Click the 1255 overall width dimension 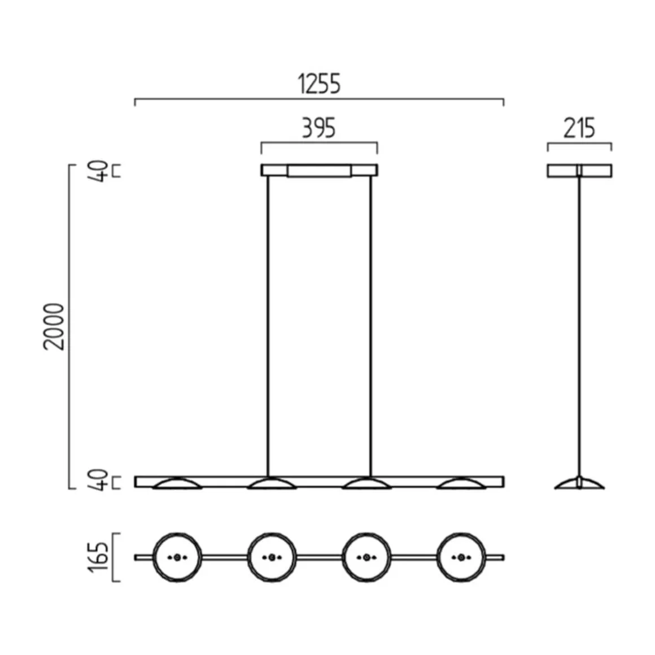point(319,84)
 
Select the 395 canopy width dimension point(318,128)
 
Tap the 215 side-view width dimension point(579,128)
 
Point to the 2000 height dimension point(55,326)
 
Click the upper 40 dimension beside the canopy point(99,171)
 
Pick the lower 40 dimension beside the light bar point(99,481)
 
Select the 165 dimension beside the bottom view point(98,557)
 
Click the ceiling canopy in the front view point(319,170)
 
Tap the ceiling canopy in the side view point(579,171)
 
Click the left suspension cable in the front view point(268,326)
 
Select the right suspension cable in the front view point(371,326)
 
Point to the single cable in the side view point(579,326)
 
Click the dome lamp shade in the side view point(579,483)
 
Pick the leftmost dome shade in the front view point(177,484)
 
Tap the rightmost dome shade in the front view point(461,484)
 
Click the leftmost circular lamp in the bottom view point(177,557)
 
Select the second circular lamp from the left point(272,557)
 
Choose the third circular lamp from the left point(366,557)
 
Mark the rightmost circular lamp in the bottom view point(461,557)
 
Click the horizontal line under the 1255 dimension point(319,99)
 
